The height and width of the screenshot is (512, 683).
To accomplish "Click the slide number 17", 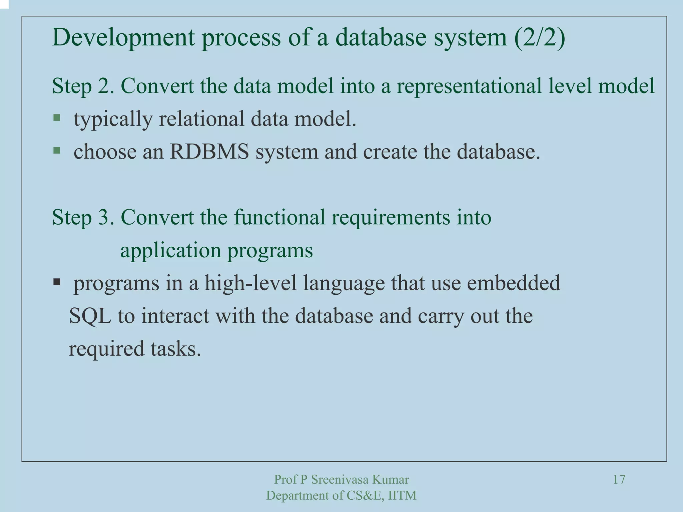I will [x=619, y=480].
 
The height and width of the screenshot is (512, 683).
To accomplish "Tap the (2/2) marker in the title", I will [x=539, y=37].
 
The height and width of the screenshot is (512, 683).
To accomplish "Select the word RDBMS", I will [x=209, y=152].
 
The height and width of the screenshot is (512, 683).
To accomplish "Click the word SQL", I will [x=90, y=316].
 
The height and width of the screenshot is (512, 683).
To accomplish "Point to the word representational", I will [x=469, y=86].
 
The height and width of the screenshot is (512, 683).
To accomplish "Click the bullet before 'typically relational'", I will [x=57, y=118].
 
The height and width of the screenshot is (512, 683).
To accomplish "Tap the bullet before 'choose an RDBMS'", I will [x=57, y=151].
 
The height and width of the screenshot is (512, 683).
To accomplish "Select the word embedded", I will [x=514, y=283].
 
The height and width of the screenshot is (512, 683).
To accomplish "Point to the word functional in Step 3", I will [x=279, y=217].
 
